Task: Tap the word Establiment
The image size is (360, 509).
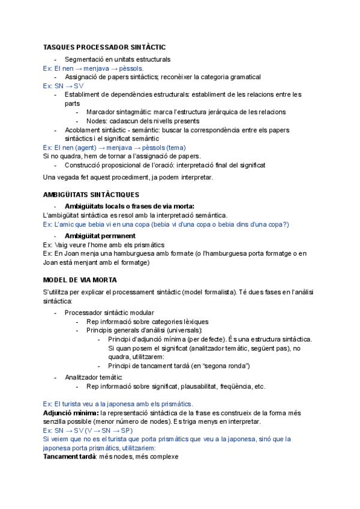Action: point(83,94)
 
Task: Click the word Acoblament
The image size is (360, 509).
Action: point(85,130)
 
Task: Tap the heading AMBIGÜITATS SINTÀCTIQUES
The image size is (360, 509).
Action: point(91,194)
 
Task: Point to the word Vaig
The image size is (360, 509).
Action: point(62,245)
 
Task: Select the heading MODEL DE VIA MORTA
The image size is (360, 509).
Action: point(80,280)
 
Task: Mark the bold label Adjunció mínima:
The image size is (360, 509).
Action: point(71,414)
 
